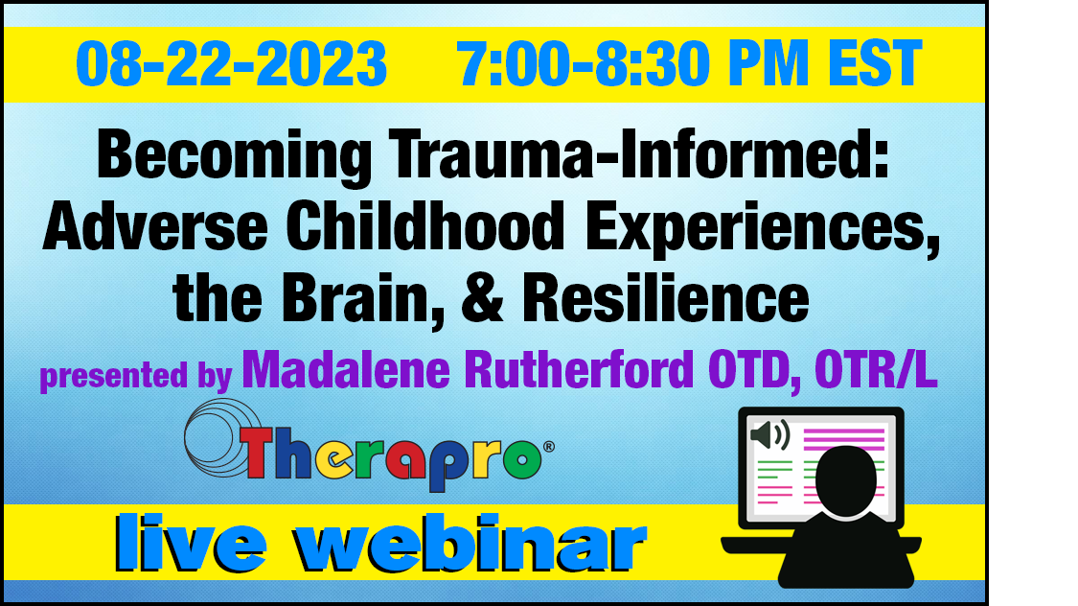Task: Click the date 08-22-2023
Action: point(232,64)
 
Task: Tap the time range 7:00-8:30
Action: point(583,64)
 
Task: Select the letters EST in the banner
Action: point(875,64)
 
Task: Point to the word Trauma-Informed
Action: point(639,154)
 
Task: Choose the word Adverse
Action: point(155,227)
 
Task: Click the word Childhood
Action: point(425,226)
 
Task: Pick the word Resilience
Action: point(666,298)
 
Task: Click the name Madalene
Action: point(346,370)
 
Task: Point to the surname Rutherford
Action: point(579,370)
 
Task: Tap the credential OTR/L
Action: point(876,370)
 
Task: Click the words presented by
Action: point(135,376)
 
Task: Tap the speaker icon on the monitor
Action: point(770,435)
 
